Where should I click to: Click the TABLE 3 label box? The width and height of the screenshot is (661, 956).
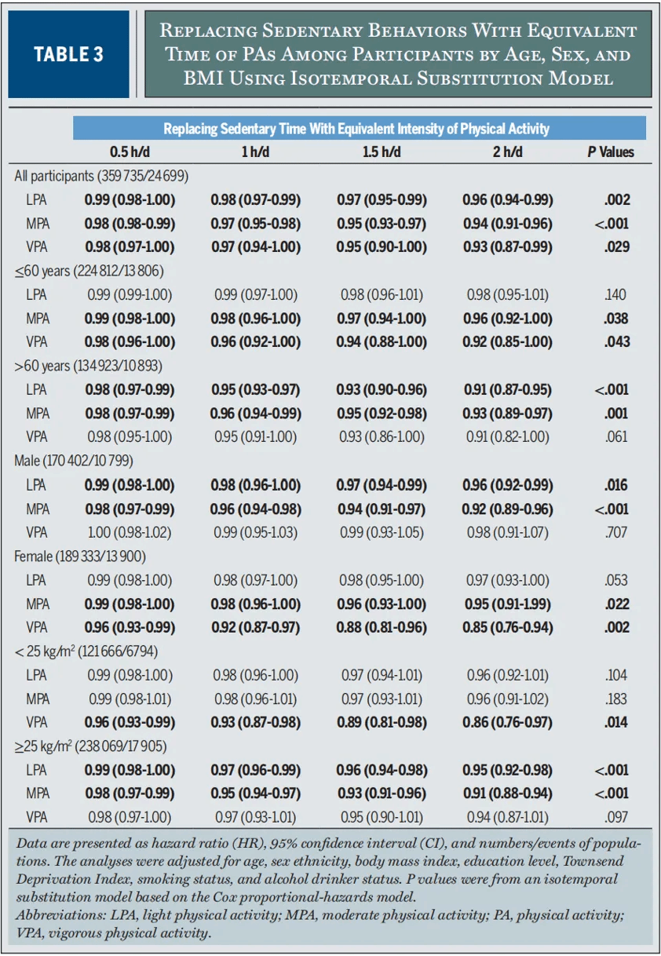pyautogui.click(x=69, y=54)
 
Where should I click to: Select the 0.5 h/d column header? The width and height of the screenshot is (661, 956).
pyautogui.click(x=130, y=152)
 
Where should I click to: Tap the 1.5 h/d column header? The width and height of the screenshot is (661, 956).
pyautogui.click(x=382, y=152)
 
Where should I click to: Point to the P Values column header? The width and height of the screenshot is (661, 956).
pyautogui.click(x=611, y=152)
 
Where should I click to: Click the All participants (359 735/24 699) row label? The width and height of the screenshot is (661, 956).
pyautogui.click(x=101, y=176)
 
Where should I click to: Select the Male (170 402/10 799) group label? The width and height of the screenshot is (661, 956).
pyautogui.click(x=75, y=461)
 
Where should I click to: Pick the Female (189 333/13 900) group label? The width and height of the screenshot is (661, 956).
pyautogui.click(x=80, y=556)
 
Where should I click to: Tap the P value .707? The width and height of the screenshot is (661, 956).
pyautogui.click(x=616, y=532)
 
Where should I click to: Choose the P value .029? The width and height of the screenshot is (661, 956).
pyautogui.click(x=616, y=247)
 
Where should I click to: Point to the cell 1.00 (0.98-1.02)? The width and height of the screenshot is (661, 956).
pyautogui.click(x=130, y=532)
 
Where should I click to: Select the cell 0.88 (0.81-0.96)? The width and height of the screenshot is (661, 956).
pyautogui.click(x=382, y=627)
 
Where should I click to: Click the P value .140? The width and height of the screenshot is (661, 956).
pyautogui.click(x=616, y=295)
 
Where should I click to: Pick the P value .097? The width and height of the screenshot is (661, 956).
pyautogui.click(x=616, y=817)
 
